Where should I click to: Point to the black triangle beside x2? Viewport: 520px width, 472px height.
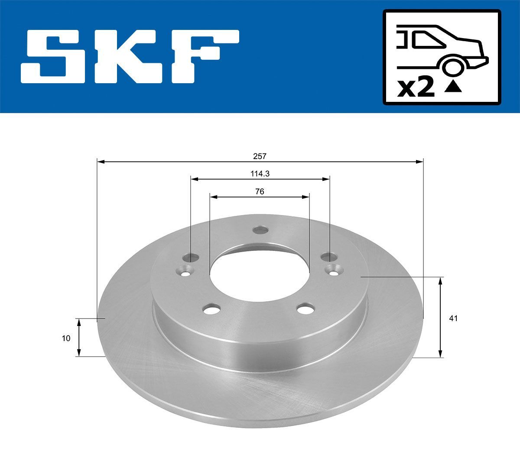click(x=453, y=88)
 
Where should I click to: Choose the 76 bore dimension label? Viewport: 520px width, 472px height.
click(x=260, y=191)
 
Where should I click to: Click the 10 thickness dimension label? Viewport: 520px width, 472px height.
click(x=66, y=339)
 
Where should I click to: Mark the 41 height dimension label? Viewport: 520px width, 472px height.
click(x=453, y=319)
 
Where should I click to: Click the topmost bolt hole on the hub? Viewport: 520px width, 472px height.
click(x=260, y=230)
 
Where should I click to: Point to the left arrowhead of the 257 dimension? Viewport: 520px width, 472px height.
click(x=101, y=162)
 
